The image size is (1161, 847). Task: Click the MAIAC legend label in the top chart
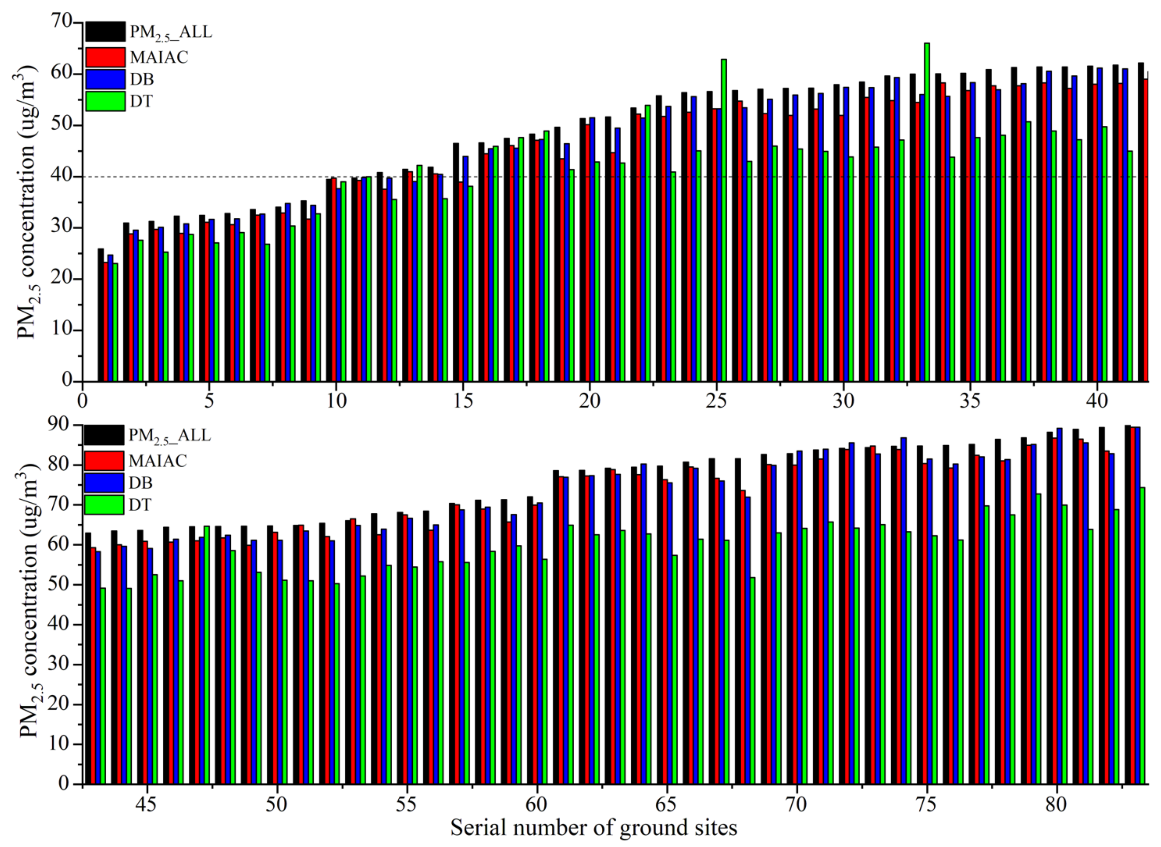click(x=159, y=57)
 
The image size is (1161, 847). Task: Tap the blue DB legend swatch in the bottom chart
click(x=104, y=482)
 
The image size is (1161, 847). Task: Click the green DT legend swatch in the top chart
click(x=105, y=101)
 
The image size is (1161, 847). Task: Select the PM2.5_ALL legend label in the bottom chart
click(x=170, y=435)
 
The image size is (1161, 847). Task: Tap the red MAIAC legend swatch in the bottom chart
click(x=104, y=460)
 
